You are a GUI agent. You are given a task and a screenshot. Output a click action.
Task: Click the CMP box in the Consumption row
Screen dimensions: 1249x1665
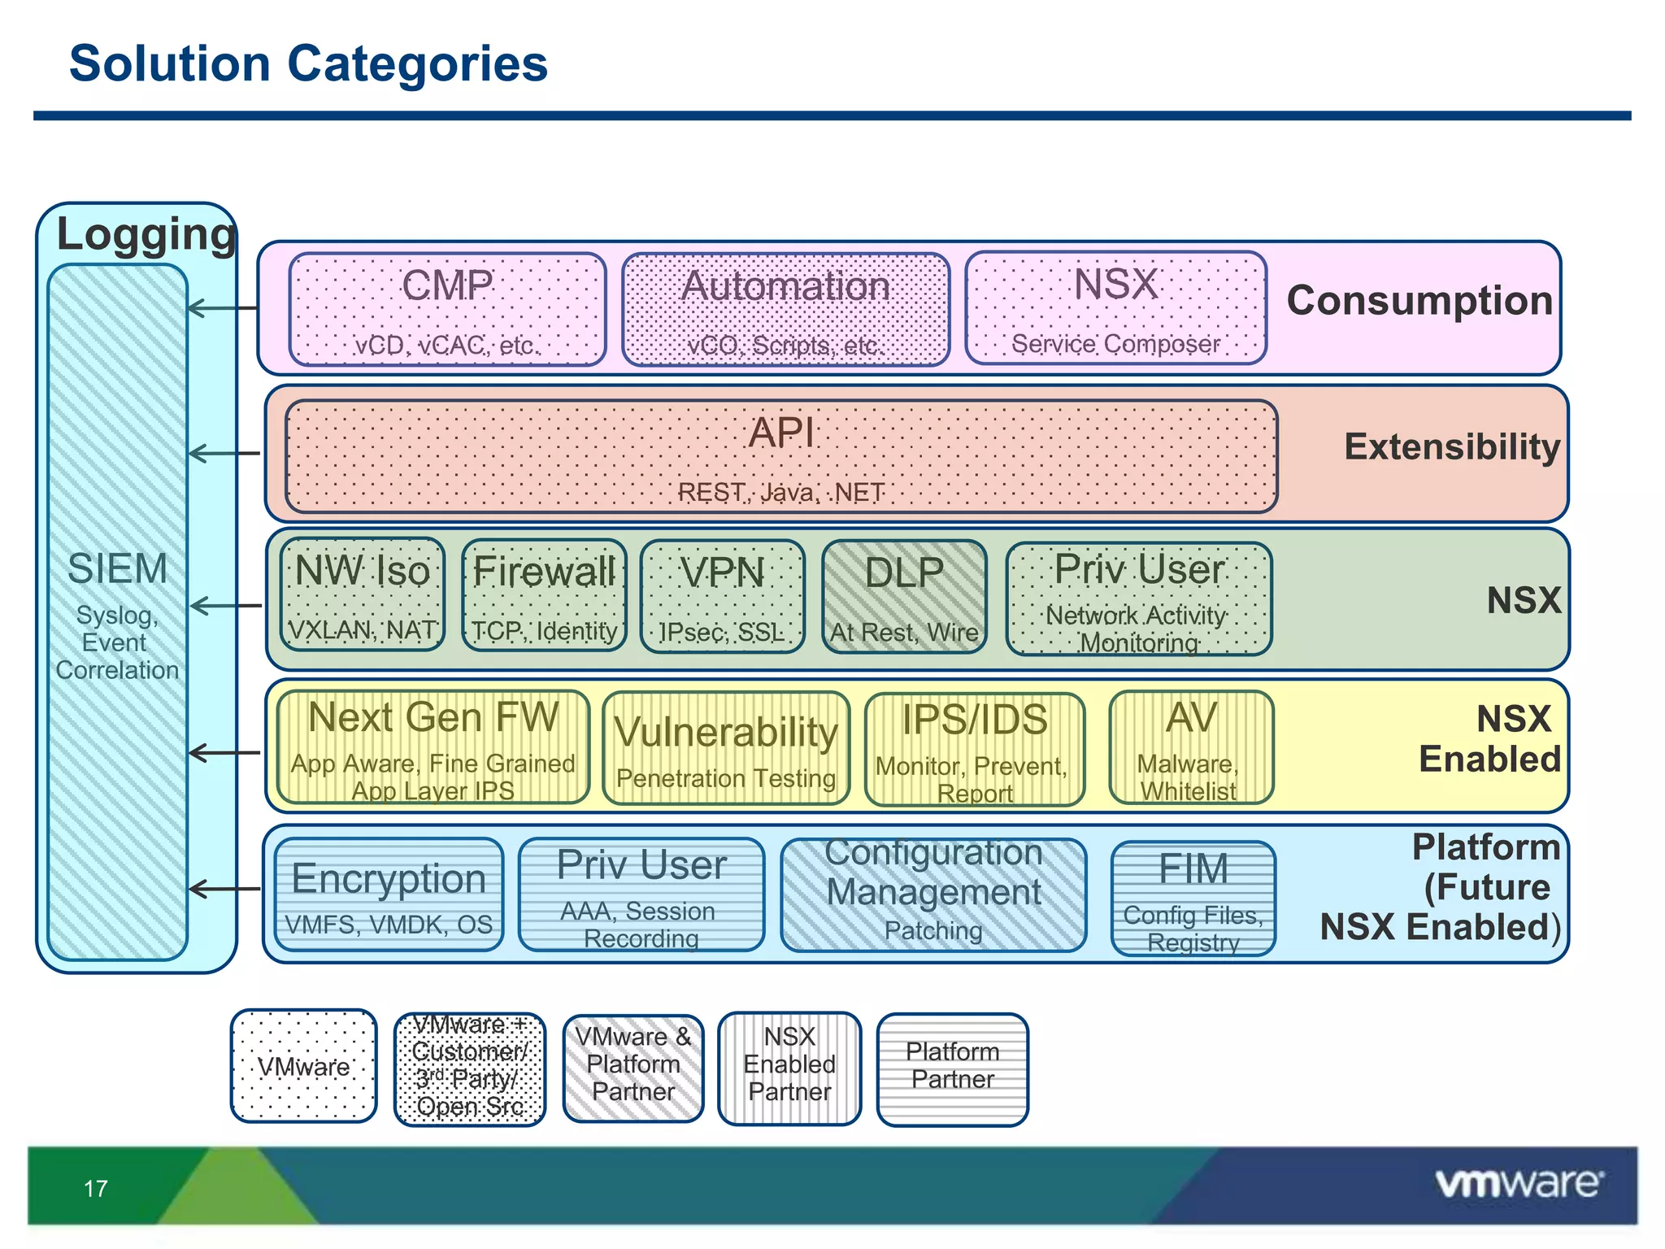click(x=447, y=309)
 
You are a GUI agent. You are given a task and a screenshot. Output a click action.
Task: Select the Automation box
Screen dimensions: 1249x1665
click(x=785, y=309)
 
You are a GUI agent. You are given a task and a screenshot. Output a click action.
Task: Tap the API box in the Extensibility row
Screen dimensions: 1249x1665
click(x=780, y=456)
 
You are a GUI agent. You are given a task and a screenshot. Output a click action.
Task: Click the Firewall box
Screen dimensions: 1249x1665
click(x=544, y=595)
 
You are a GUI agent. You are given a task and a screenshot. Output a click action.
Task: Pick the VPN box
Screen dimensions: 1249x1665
click(x=722, y=596)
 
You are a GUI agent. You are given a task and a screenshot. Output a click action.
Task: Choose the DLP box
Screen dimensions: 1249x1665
click(x=904, y=596)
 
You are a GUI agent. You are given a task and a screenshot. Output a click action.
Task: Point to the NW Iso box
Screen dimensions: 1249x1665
click(x=363, y=594)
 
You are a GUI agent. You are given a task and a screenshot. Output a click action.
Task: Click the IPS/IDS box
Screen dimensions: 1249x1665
click(x=975, y=749)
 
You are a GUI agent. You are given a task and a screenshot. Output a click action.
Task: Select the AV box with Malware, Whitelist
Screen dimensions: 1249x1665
click(x=1191, y=747)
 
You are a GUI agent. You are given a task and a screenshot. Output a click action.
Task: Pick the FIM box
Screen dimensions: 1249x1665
click(x=1193, y=898)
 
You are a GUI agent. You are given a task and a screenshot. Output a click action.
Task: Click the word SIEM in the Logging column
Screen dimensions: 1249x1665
click(x=117, y=568)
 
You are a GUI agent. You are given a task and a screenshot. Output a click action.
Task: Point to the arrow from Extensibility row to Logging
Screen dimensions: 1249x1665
click(x=224, y=453)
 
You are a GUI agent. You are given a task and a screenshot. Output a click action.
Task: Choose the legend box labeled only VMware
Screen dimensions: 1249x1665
click(x=303, y=1066)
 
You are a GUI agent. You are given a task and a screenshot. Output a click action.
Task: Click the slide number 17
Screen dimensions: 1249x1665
click(x=96, y=1189)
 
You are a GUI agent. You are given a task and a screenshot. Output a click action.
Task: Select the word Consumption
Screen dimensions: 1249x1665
click(x=1419, y=301)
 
